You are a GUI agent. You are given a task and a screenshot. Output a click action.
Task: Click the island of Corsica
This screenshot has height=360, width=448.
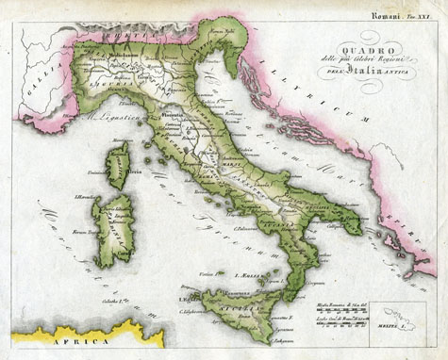118,165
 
